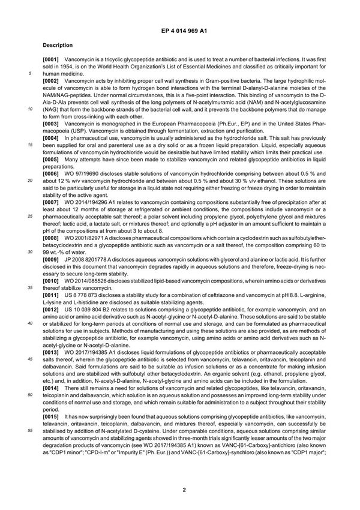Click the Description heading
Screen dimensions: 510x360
[x=58, y=45]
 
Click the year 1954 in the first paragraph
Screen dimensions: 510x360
[x=73, y=68]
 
